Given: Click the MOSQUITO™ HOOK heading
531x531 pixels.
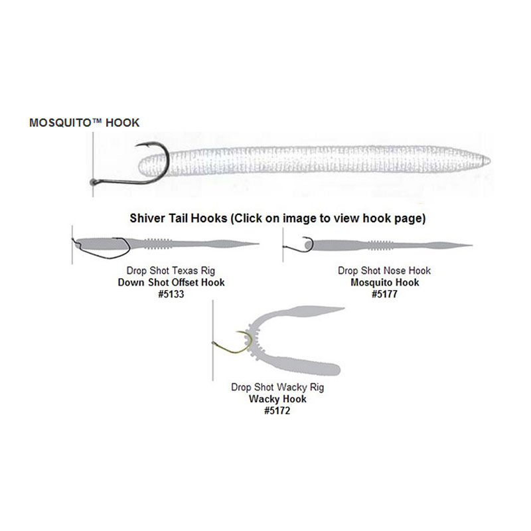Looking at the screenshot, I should pos(84,123).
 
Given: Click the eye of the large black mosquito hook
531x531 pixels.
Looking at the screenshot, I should pos(93,181).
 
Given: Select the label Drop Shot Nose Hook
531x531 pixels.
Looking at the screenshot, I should pos(384,271).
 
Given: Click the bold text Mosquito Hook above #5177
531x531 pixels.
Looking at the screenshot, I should pos(384,282).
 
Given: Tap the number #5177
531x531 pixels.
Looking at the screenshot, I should pos(384,293).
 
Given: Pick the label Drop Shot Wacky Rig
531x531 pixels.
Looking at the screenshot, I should pos(277,387).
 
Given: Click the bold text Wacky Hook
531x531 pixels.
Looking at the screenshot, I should pos(277,399).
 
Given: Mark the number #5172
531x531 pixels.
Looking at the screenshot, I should pos(277,411).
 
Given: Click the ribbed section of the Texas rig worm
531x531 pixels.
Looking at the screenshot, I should pos(160,242).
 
